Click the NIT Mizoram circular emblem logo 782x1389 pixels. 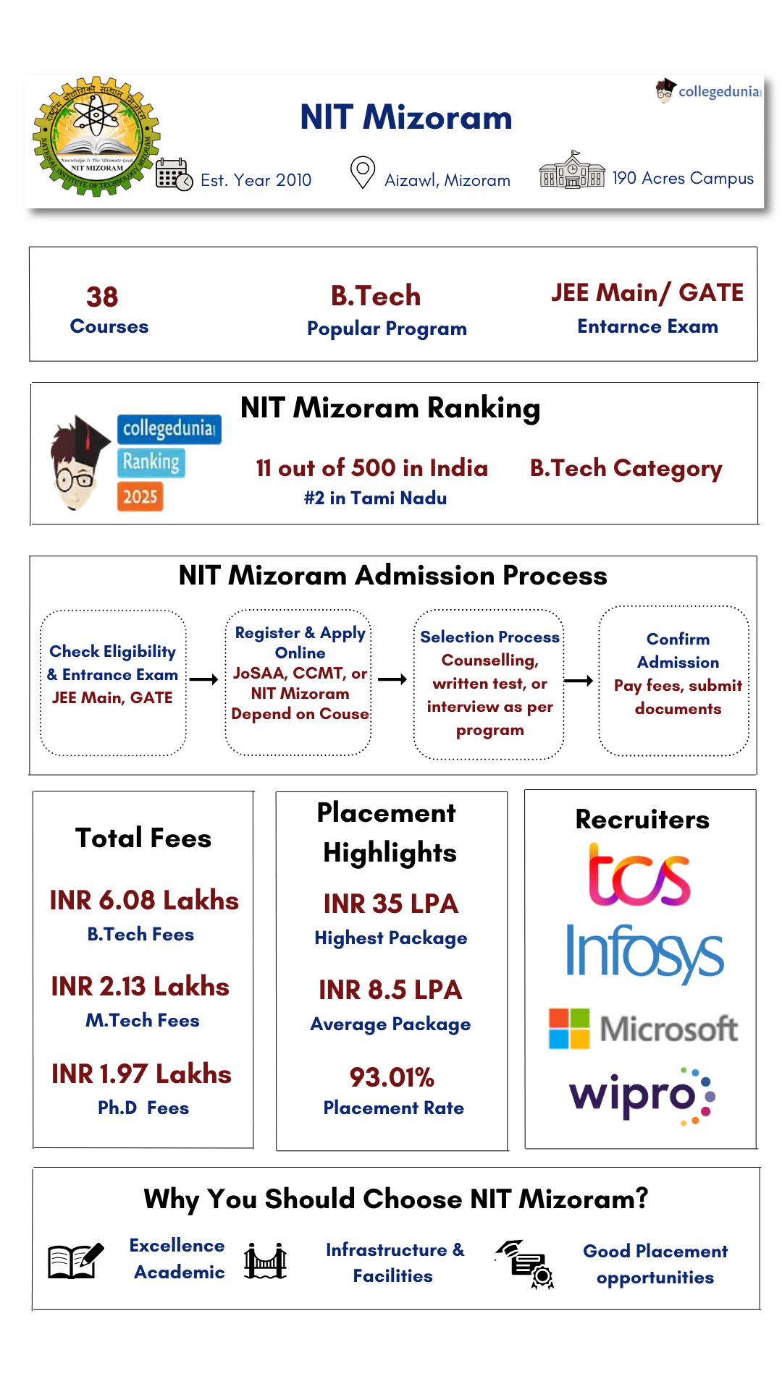point(96,136)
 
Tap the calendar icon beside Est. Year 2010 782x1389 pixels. point(174,174)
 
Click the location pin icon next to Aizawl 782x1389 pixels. point(362,172)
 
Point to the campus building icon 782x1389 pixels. point(572,171)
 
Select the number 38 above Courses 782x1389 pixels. point(102,297)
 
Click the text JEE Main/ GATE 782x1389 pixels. point(647,292)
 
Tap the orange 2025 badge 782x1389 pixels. point(140,496)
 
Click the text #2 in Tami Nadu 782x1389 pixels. point(375,498)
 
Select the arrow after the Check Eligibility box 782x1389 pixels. point(203,679)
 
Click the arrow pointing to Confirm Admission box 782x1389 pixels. point(579,680)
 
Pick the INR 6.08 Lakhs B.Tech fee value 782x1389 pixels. point(144,900)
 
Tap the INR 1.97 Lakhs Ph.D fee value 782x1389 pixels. point(142,1074)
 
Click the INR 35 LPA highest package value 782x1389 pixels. point(390,904)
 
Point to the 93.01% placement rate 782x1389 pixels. point(392,1077)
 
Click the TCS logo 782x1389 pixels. point(639,876)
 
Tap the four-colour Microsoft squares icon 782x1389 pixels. point(569,1028)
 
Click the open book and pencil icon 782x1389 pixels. point(75,1261)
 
